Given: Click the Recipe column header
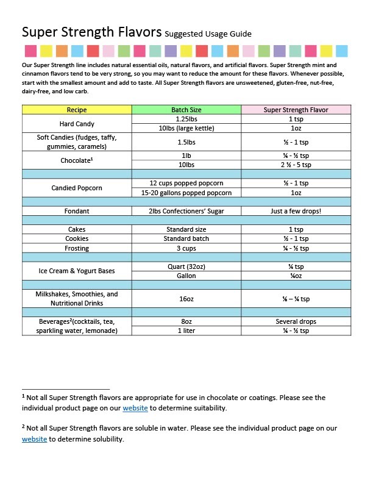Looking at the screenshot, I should tap(77, 110).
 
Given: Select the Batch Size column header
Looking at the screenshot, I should tap(187, 110).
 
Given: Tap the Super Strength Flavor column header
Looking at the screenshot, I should tap(296, 110).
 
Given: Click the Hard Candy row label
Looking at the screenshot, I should tap(77, 124).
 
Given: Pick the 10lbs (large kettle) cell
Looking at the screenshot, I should tap(187, 129).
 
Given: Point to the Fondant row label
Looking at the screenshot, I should tap(77, 211).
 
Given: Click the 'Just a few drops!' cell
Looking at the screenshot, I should tap(296, 211).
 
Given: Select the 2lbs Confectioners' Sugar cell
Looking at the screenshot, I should tap(187, 211).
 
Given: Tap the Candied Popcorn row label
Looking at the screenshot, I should tap(77, 188).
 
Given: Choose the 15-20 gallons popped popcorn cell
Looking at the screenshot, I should tap(187, 193).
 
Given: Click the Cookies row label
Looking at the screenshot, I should tap(77, 238).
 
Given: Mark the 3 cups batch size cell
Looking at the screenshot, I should tap(187, 248).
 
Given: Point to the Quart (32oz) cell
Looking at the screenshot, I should tap(187, 267).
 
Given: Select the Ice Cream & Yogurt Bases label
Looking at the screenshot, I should tap(77, 271).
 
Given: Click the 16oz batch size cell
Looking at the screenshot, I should tap(187, 299).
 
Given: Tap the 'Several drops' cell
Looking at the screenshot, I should tap(296, 321).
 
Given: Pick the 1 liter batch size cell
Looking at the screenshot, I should tap(187, 331).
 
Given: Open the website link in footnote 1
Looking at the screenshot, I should tap(135, 408).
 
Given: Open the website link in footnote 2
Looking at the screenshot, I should tap(34, 439).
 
